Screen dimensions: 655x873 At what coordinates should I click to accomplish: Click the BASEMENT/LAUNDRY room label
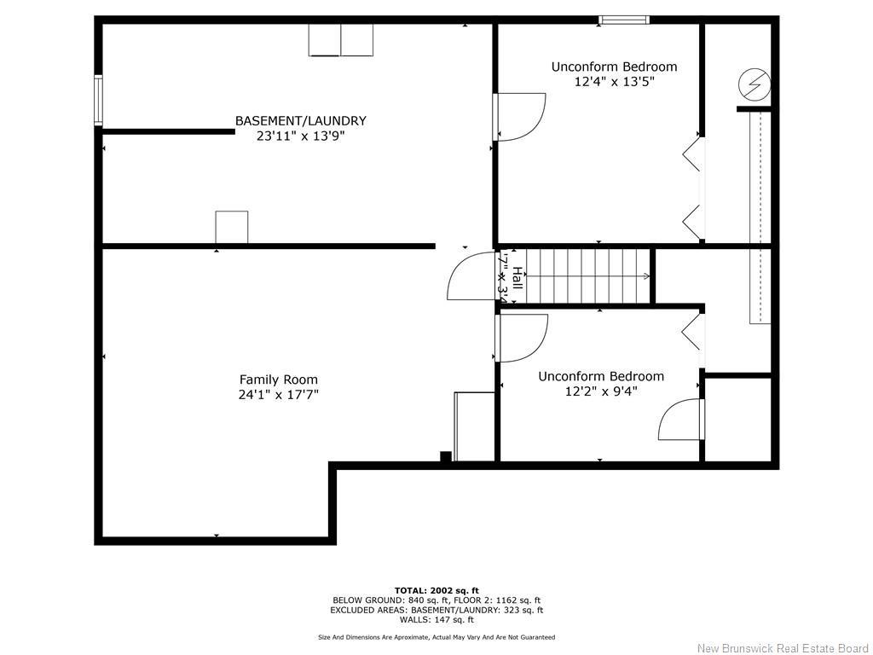click(x=300, y=121)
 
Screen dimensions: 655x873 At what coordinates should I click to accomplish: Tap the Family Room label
click(x=278, y=380)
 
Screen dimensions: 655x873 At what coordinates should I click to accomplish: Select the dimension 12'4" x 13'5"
click(x=614, y=82)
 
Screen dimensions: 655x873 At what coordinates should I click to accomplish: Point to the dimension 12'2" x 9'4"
click(x=601, y=391)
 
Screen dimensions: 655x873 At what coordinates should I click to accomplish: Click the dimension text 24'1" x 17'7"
click(x=278, y=394)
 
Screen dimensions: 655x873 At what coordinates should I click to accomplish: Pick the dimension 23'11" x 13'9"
click(x=300, y=135)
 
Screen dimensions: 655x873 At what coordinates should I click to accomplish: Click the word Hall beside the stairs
click(x=517, y=276)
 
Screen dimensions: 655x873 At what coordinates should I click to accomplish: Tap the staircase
click(x=588, y=275)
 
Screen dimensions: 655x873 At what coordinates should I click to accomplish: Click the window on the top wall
click(x=624, y=20)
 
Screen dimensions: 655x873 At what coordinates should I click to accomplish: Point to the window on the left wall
click(x=98, y=101)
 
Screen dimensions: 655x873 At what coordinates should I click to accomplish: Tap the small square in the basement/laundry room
click(x=231, y=228)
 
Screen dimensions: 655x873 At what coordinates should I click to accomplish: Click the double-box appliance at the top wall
click(x=340, y=40)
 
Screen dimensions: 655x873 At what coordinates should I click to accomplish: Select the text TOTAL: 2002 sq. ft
click(x=436, y=590)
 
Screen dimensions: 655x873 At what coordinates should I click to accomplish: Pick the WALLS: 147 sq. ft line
click(x=436, y=620)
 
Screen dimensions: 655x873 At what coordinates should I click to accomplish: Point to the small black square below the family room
click(x=445, y=456)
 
